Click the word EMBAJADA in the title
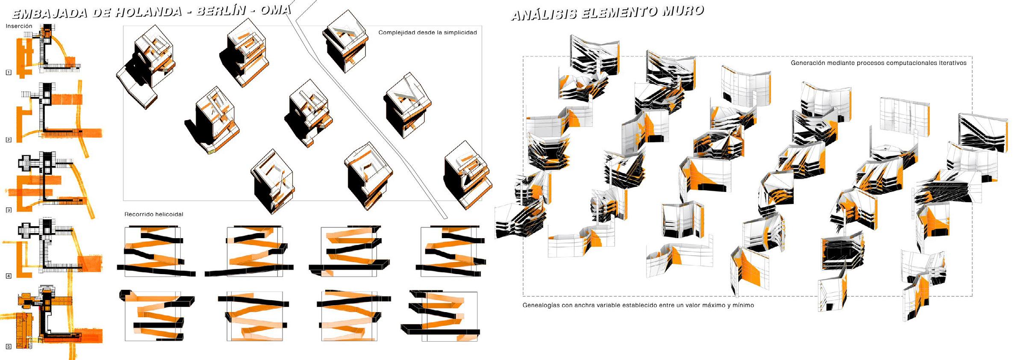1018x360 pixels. [50, 14]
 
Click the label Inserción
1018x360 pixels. [19, 26]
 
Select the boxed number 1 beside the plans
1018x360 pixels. [8, 72]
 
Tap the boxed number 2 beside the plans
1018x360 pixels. [8, 140]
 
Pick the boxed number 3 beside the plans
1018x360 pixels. [8, 210]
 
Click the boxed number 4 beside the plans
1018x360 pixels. [8, 276]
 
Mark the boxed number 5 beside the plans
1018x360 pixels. [8, 346]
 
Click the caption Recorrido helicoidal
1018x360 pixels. [153, 214]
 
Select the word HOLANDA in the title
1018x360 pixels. [147, 12]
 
